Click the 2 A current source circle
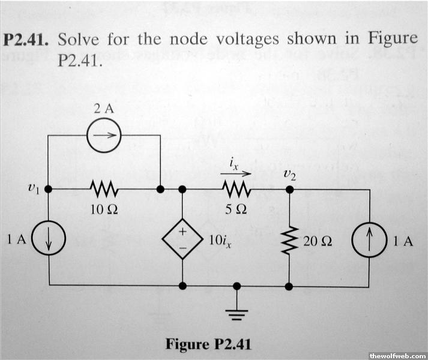click(x=104, y=139)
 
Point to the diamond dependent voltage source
click(x=181, y=239)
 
